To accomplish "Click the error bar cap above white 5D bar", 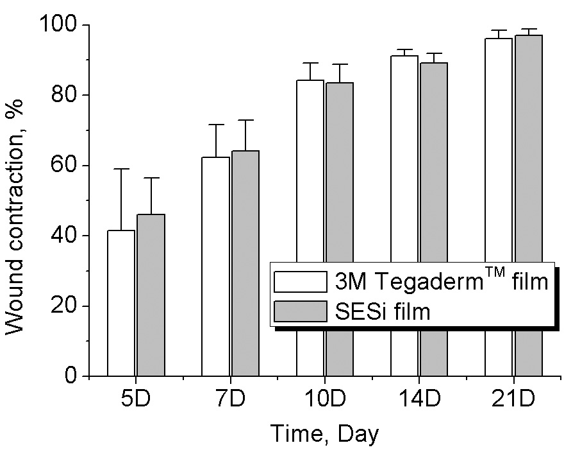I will pyautogui.click(x=121, y=169).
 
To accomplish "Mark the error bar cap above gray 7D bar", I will pyautogui.click(x=245, y=120).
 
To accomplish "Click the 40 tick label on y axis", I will pyautogui.click(x=64, y=236).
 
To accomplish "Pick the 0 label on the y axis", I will pyautogui.click(x=72, y=376).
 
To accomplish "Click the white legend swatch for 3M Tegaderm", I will pyautogui.click(x=300, y=281).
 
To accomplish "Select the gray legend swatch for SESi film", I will pyautogui.click(x=300, y=311).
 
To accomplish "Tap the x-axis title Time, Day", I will pyautogui.click(x=324, y=434).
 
